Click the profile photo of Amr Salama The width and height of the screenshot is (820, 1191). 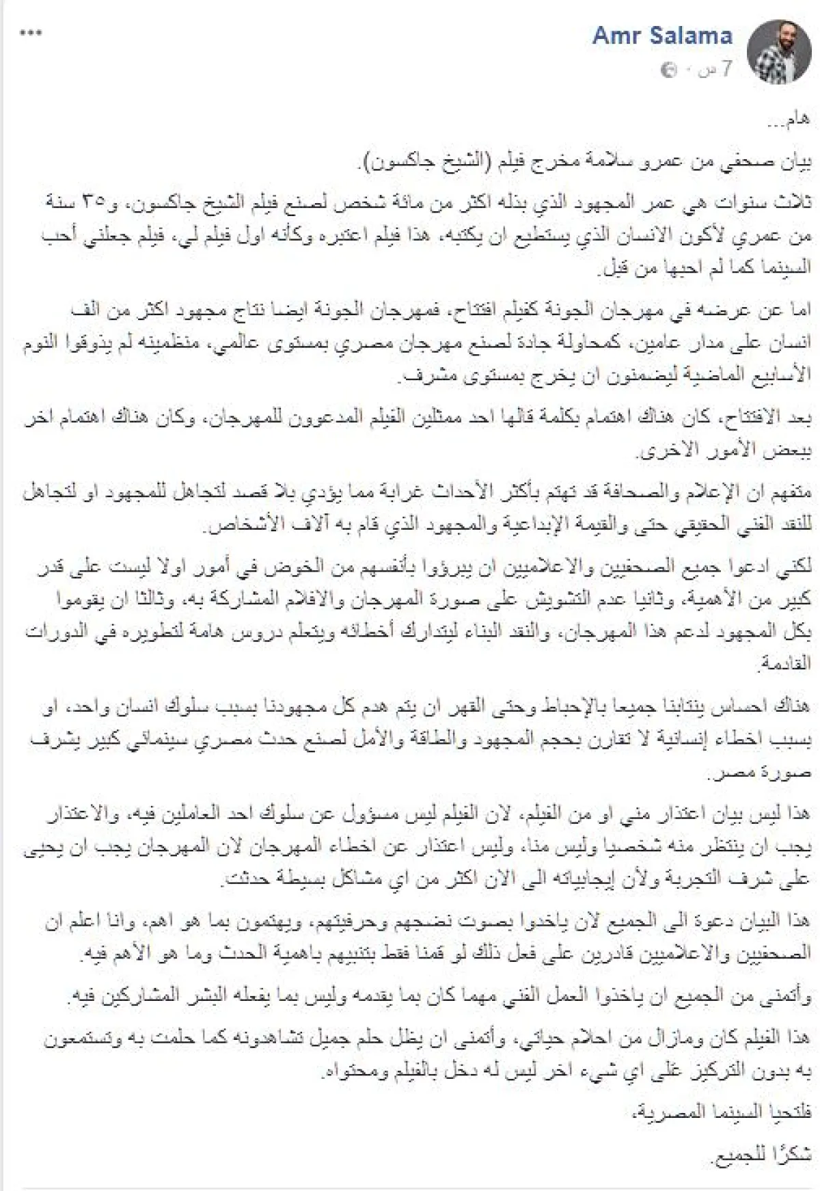[x=780, y=50]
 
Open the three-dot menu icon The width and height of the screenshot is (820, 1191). [x=31, y=33]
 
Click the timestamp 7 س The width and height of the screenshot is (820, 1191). [x=718, y=70]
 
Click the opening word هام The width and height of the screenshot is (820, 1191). [x=794, y=120]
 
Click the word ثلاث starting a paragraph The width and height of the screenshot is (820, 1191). [x=796, y=203]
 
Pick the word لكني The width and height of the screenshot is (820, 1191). [x=795, y=567]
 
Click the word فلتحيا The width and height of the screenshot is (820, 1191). [x=793, y=1113]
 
